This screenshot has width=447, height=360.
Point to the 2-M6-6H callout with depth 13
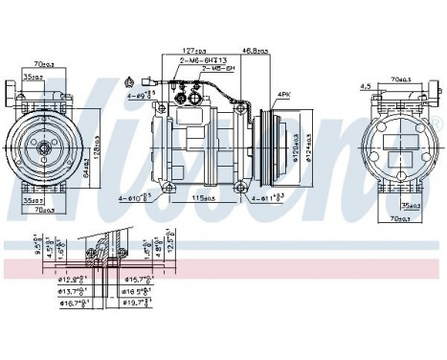pos(202,60)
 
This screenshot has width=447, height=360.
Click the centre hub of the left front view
pos(43,148)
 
